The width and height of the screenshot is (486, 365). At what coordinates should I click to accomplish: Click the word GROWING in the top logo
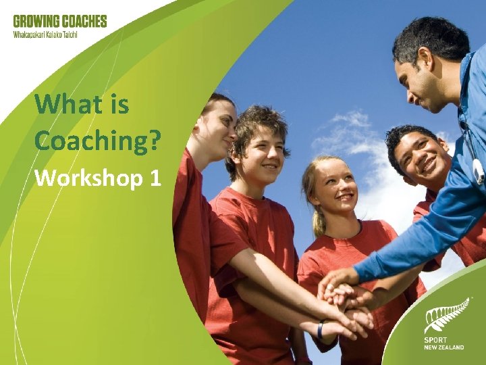(34, 21)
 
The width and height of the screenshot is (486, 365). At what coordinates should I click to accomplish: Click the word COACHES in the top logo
(82, 21)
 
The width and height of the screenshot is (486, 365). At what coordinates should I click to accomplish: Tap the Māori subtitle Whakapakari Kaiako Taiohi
(45, 34)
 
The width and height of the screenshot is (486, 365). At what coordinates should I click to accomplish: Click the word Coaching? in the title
(98, 140)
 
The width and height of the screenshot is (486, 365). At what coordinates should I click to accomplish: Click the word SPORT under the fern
(436, 340)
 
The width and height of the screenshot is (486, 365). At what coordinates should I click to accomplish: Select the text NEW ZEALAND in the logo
(444, 347)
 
